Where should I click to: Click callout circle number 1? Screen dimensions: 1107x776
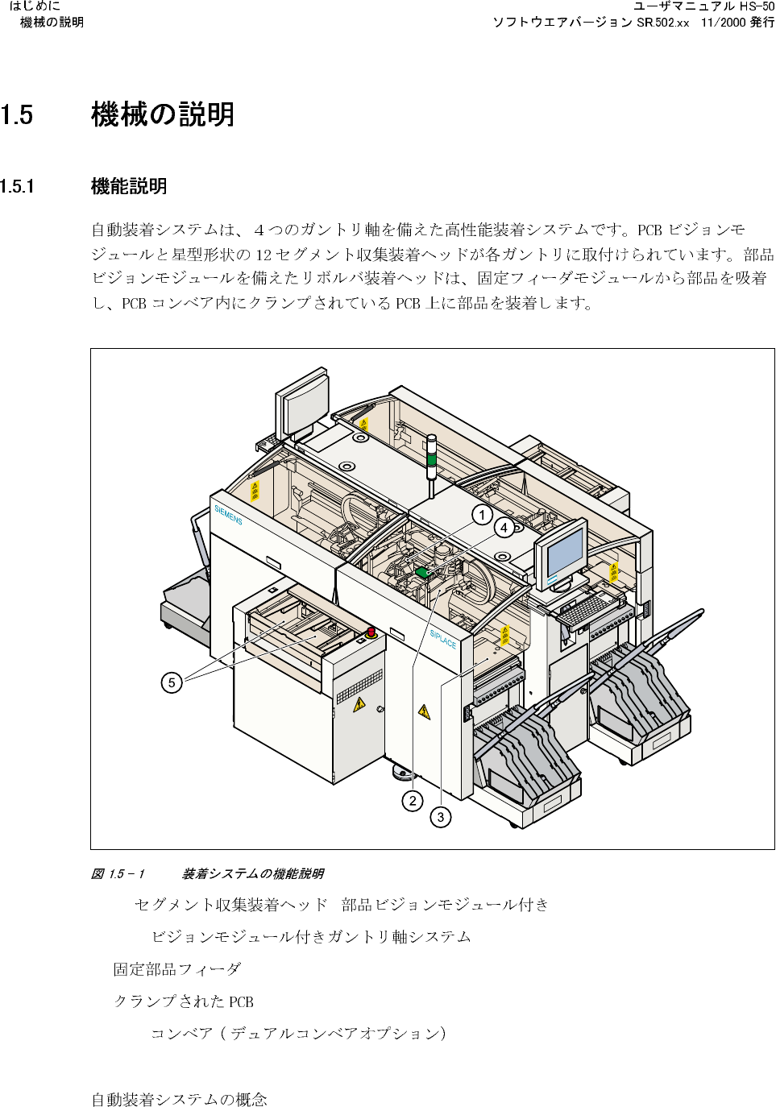point(482,515)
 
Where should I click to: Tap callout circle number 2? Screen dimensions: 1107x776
point(413,801)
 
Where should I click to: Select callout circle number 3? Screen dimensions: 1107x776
point(440,817)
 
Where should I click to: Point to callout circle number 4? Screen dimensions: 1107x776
point(504,528)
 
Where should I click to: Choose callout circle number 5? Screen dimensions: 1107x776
point(172,683)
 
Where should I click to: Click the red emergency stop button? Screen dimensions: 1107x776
point(371,632)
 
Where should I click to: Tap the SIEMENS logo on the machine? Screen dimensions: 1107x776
point(228,515)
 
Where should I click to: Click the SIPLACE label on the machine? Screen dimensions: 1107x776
point(442,638)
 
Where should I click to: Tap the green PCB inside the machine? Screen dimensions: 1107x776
point(421,573)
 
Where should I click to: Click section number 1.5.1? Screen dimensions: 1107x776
point(17,187)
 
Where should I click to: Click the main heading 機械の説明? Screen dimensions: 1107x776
point(163,114)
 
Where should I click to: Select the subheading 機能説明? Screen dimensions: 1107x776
point(129,187)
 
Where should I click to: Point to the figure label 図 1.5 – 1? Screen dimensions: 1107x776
point(118,874)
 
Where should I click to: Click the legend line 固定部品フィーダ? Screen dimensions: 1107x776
point(176,969)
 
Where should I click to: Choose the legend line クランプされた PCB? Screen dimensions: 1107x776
point(183,1001)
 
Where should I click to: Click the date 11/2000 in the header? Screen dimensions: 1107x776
point(723,23)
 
